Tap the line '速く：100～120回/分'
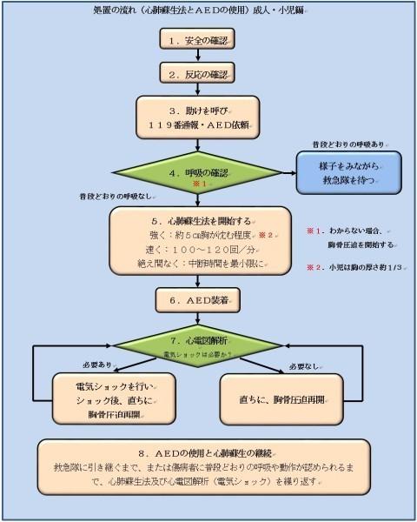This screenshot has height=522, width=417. click(191, 251)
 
